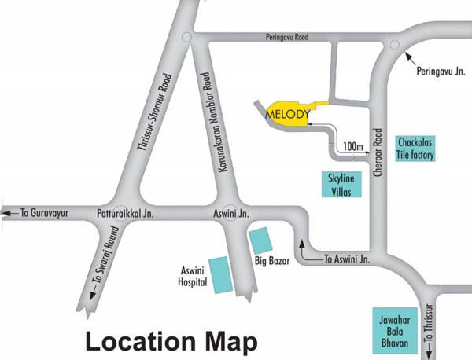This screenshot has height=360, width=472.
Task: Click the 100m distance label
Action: pyautogui.click(x=352, y=147)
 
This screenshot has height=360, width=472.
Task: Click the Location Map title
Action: pyautogui.click(x=171, y=343)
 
